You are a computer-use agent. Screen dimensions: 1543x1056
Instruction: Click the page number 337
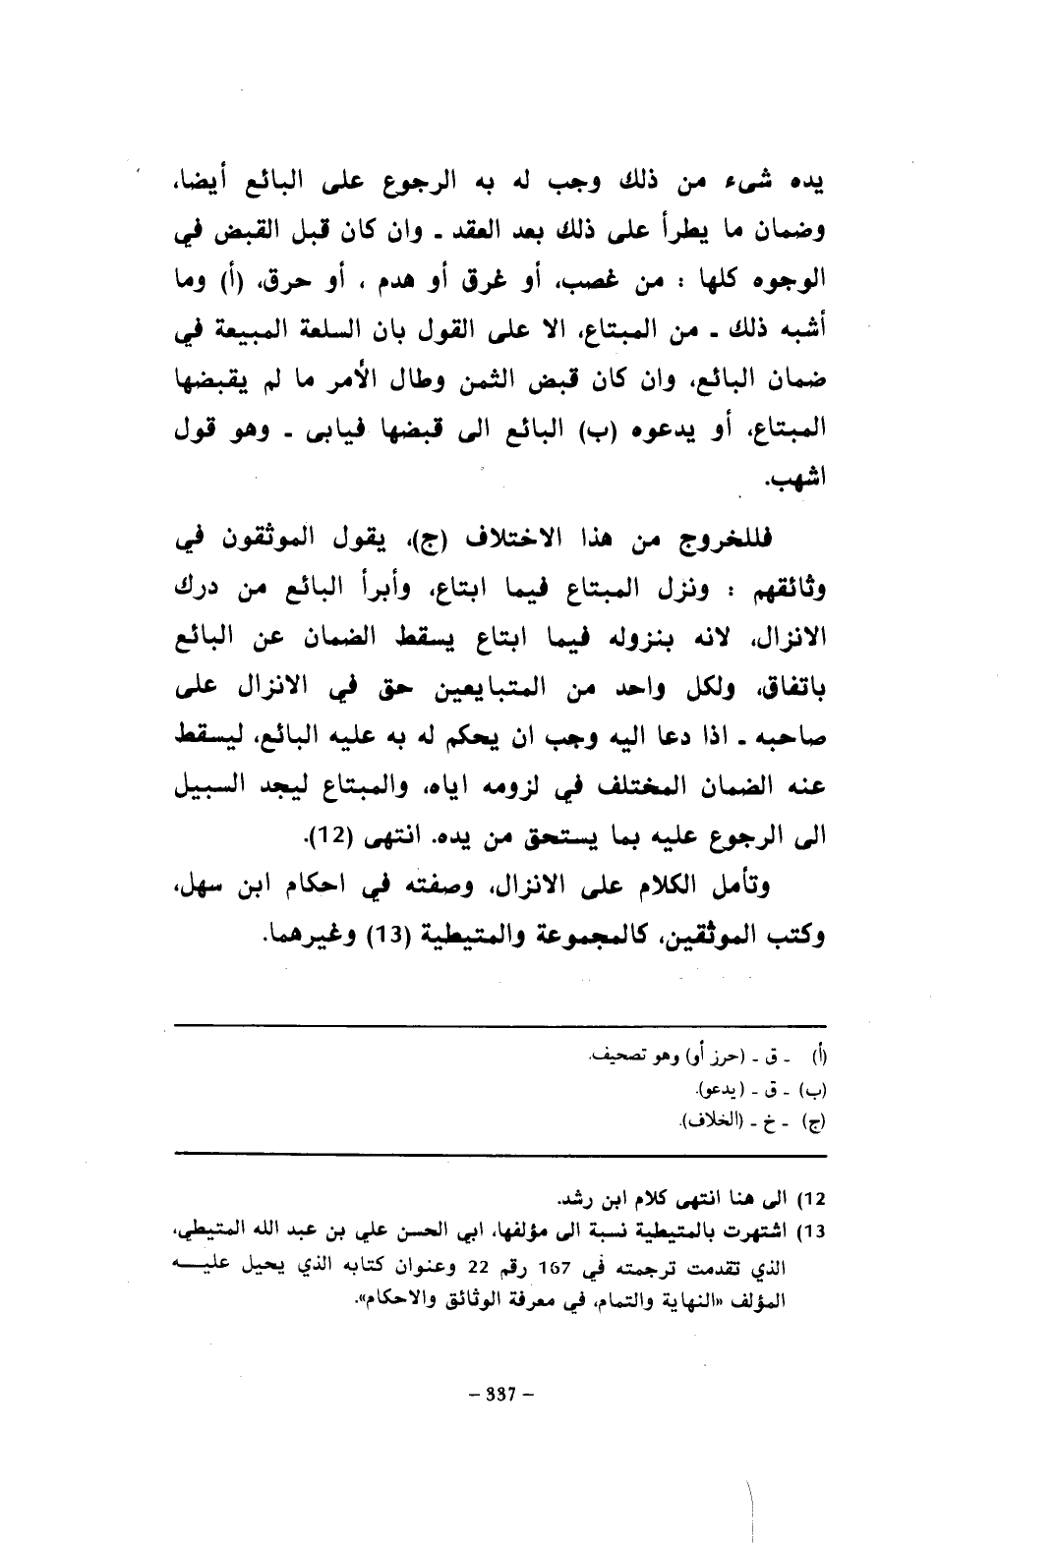click(499, 1394)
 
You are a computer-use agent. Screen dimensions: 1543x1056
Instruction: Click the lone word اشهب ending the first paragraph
click(798, 482)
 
